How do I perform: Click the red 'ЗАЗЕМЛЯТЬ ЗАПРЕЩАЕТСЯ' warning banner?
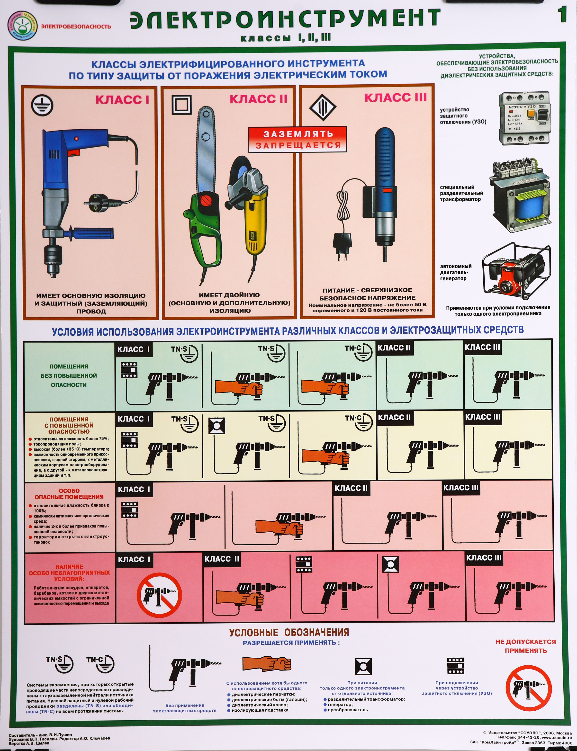coord(298,139)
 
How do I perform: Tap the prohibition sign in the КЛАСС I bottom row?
coord(159,595)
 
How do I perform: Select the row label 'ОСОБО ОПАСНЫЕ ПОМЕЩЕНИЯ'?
coord(69,494)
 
